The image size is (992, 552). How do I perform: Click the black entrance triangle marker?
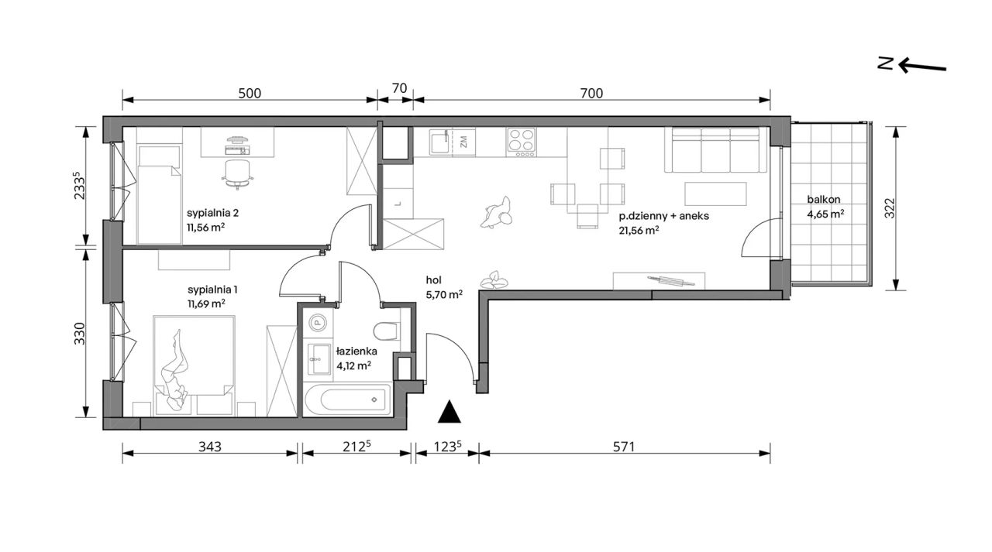tap(449, 412)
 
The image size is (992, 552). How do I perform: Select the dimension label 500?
tap(250, 94)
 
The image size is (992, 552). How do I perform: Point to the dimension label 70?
tap(399, 88)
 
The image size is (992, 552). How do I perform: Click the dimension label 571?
tap(624, 447)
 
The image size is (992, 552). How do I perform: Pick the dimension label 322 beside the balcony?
tap(889, 208)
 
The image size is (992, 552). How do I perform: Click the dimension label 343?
tap(210, 447)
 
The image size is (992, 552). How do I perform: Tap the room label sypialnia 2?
tap(212, 213)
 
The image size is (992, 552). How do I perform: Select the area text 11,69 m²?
tap(206, 303)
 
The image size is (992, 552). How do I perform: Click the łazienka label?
tap(356, 351)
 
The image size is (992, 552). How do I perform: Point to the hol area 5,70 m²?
tap(444, 294)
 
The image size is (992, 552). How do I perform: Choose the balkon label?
tap(823, 200)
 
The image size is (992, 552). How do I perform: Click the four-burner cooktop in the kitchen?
tap(522, 142)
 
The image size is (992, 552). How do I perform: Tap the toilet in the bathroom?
tap(386, 331)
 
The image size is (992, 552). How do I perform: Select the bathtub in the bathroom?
tap(348, 399)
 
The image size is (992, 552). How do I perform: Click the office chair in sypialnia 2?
tap(238, 174)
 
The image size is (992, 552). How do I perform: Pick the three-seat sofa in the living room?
tap(715, 150)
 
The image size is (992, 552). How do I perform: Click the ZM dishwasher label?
tap(463, 142)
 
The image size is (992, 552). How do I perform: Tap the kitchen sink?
tap(439, 142)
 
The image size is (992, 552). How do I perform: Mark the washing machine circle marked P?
tap(317, 323)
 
